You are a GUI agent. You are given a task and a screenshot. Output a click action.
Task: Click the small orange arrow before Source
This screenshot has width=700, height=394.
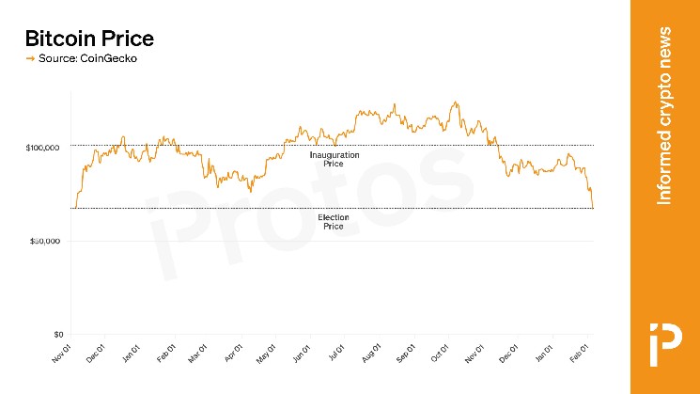click(x=29, y=59)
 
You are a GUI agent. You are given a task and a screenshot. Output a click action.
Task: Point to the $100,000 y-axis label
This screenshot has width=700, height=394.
click(x=43, y=148)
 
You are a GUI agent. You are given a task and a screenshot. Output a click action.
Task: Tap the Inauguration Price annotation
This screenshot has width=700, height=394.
click(x=334, y=159)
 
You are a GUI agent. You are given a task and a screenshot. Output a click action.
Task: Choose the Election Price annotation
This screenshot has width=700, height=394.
click(x=334, y=222)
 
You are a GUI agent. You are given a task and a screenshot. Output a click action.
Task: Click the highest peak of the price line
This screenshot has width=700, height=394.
click(x=456, y=102)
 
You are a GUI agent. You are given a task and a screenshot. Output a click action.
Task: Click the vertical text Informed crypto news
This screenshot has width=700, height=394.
click(x=664, y=117)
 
